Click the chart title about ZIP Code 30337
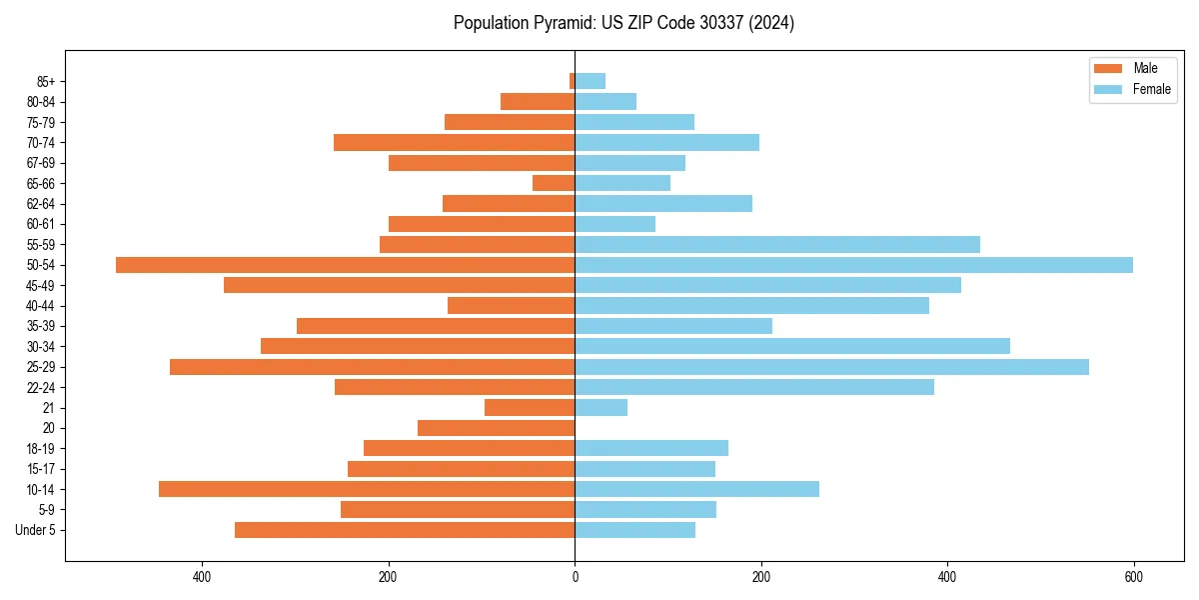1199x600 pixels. (x=623, y=23)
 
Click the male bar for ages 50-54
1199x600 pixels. (x=345, y=265)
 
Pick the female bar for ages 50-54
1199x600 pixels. (x=853, y=265)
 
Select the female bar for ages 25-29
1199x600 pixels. (x=831, y=367)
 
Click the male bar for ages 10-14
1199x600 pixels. (x=367, y=489)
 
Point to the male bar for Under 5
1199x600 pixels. (x=405, y=530)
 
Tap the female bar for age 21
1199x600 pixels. (x=601, y=408)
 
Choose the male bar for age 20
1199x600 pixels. (x=497, y=428)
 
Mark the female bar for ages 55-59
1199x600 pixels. (x=777, y=245)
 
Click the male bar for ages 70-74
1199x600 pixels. (x=455, y=143)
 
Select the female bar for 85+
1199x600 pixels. (x=591, y=81)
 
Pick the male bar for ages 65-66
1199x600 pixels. (x=554, y=183)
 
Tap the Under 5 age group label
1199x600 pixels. (x=35, y=530)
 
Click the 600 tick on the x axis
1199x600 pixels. (x=1133, y=577)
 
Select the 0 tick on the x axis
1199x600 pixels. (x=575, y=577)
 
